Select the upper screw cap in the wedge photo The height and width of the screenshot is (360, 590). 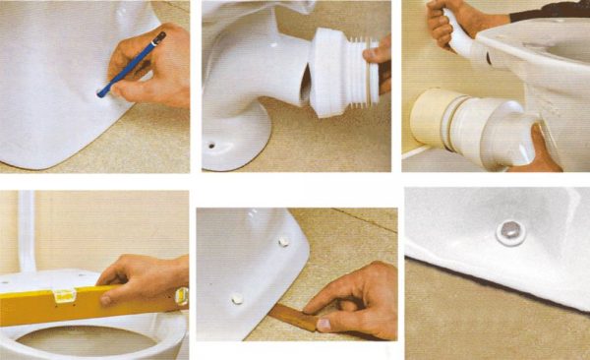click(283, 239)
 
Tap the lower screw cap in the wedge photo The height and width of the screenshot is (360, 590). click(237, 294)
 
